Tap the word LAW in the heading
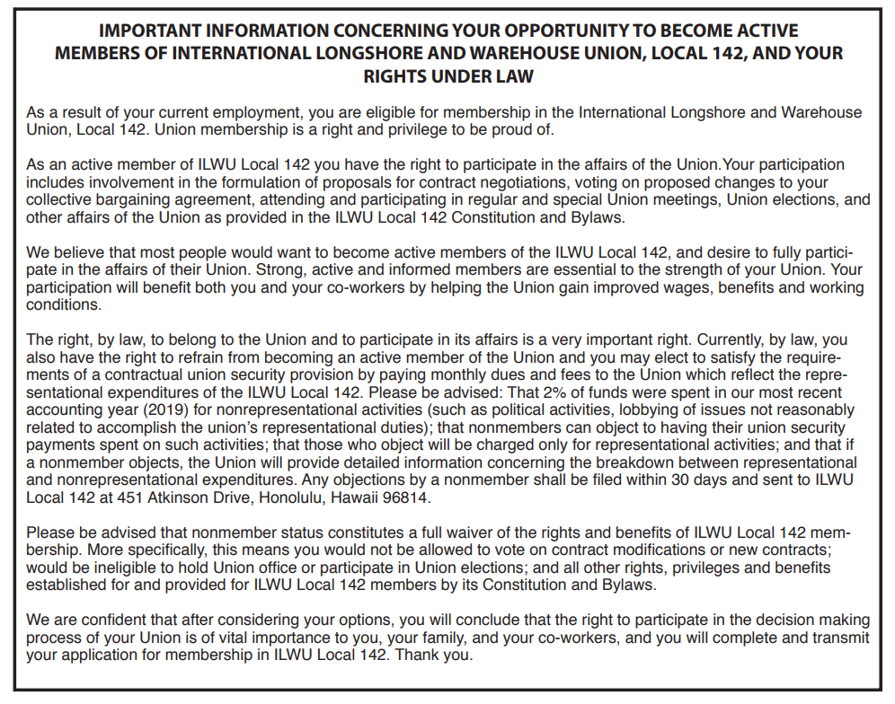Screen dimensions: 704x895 [513, 76]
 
